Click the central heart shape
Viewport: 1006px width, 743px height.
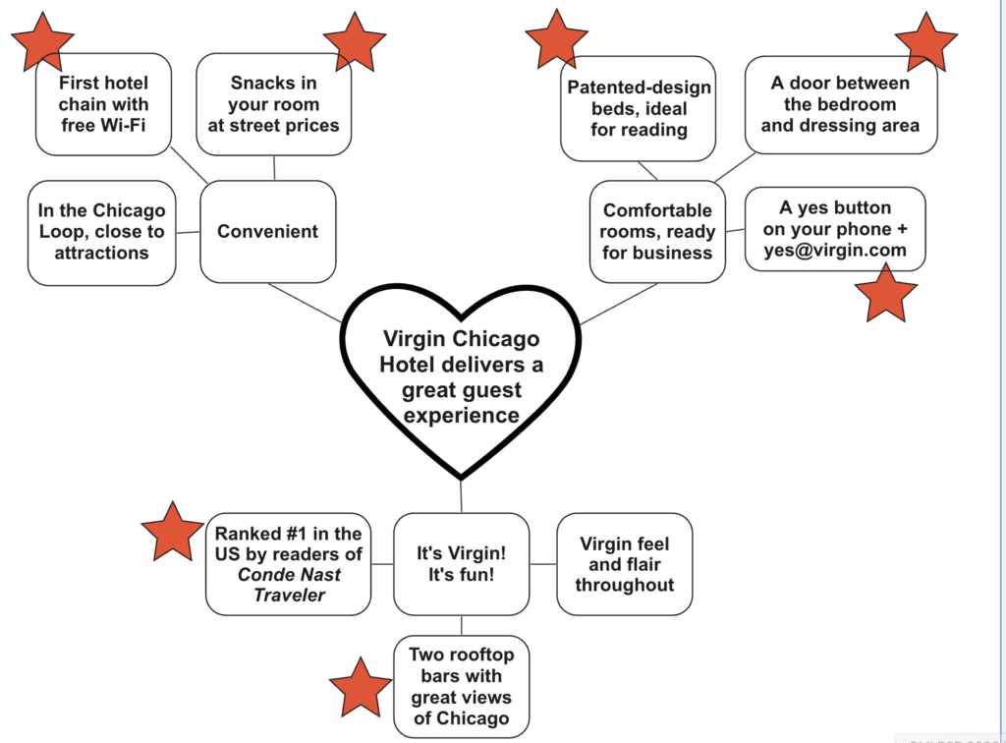461,377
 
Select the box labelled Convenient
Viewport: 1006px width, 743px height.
267,232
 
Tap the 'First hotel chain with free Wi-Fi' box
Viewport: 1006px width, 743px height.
103,104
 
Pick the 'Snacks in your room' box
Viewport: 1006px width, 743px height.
273,104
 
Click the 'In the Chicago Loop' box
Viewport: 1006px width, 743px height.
101,232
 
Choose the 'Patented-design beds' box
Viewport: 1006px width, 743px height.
639,108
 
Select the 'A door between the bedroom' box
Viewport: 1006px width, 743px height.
840,104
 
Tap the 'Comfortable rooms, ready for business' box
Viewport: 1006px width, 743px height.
657,232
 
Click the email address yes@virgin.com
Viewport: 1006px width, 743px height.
835,250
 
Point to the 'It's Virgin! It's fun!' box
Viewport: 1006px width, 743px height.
461,562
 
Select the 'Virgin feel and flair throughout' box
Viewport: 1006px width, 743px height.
625,564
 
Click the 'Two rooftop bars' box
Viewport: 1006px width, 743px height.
461,686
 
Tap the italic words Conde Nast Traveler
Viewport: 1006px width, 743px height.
289,585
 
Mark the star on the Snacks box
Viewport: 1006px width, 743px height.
355,40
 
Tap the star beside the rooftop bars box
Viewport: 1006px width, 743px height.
361,687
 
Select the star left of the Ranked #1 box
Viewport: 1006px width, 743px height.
173,531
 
